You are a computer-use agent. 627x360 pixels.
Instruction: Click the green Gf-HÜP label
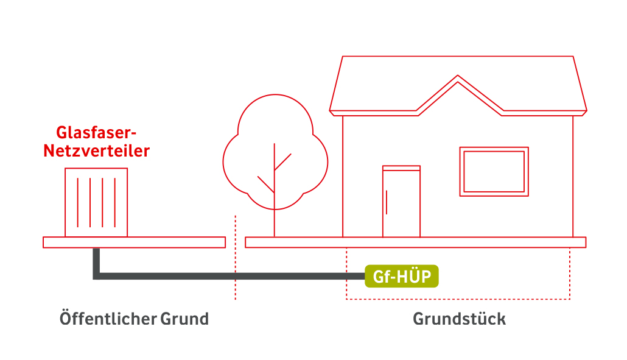pyautogui.click(x=402, y=277)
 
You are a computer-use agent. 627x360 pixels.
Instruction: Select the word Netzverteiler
pyautogui.click(x=96, y=151)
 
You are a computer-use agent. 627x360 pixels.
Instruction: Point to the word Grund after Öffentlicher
pyautogui.click(x=184, y=319)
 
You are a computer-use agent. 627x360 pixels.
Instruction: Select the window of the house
pyautogui.click(x=494, y=171)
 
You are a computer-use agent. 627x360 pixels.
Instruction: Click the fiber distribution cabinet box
pyautogui.click(x=96, y=202)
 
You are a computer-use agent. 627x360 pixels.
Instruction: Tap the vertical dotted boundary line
pyautogui.click(x=235, y=262)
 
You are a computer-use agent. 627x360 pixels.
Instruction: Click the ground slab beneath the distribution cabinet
pyautogui.click(x=134, y=242)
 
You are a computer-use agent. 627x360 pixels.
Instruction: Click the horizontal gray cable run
pyautogui.click(x=231, y=277)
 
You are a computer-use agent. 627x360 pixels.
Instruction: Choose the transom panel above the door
pyautogui.click(x=401, y=168)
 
